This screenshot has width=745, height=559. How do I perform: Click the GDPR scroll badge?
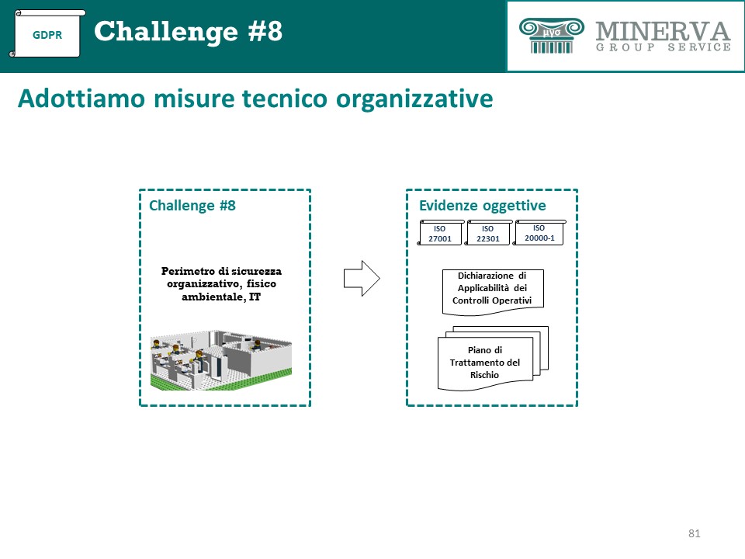47,33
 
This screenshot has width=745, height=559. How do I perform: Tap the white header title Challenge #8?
188,31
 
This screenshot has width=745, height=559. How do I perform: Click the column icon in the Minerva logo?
551,36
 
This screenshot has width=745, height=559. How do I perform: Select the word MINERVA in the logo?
663,31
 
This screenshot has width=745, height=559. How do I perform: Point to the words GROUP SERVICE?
664,47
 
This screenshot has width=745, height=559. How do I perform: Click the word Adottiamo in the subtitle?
81,99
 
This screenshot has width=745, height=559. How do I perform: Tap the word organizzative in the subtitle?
414,99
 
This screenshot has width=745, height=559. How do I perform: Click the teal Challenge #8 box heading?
192,205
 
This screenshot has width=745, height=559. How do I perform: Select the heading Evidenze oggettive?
482,205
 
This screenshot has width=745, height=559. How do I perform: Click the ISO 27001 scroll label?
440,233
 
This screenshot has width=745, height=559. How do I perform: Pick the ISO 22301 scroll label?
488,233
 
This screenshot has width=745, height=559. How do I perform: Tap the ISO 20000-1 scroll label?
539,232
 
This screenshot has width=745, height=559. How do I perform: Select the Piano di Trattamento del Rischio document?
492,359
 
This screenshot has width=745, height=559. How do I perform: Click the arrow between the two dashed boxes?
362,279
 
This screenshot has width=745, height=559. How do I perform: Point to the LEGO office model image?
221,359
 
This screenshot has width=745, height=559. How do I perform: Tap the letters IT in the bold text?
255,297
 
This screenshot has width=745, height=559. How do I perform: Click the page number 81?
694,533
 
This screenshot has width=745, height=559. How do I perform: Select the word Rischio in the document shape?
484,375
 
